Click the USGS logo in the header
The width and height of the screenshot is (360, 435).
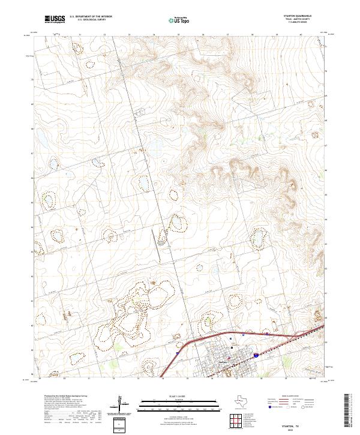55,19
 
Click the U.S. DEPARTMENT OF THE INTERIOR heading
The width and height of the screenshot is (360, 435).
90,17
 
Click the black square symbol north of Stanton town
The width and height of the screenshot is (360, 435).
232,346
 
